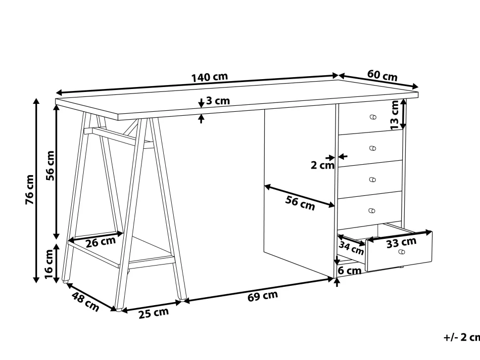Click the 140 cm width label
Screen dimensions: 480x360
(x=210, y=77)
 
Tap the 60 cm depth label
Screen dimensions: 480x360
(x=383, y=76)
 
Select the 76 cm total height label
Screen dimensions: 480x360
(x=29, y=189)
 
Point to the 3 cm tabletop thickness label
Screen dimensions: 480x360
(x=218, y=100)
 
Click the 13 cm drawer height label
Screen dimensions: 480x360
(x=394, y=115)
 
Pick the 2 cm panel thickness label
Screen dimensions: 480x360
(x=322, y=166)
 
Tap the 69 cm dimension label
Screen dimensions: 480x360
(x=263, y=296)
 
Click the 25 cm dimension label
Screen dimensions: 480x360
(x=154, y=313)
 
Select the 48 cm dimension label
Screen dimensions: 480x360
(x=86, y=302)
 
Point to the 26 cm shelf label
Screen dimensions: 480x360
(x=101, y=242)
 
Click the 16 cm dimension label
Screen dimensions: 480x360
(x=49, y=264)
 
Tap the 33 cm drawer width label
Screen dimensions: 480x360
(x=401, y=242)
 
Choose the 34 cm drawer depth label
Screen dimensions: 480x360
(x=351, y=248)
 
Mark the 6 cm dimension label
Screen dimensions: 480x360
(x=349, y=270)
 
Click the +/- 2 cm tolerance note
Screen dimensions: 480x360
(x=462, y=337)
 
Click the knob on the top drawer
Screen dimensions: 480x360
(x=373, y=117)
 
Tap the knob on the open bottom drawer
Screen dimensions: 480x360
(x=402, y=252)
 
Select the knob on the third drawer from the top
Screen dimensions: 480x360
(x=372, y=180)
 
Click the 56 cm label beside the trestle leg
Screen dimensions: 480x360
(x=50, y=166)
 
